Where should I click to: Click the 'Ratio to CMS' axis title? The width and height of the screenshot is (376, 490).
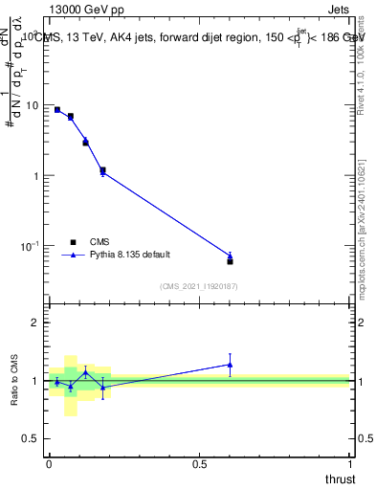[x=12, y=380]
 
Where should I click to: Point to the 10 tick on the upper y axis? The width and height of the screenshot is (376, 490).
[x=33, y=105]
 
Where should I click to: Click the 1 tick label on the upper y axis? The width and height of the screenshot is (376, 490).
[x=36, y=176]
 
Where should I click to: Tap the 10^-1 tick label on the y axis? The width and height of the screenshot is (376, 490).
[x=32, y=247]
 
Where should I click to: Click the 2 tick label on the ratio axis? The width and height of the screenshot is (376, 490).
[x=36, y=323]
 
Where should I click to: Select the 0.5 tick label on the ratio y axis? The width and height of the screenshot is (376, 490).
[x=32, y=438]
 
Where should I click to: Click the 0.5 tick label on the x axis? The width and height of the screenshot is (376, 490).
[x=199, y=463]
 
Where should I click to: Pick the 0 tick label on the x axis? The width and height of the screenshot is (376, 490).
[x=49, y=463]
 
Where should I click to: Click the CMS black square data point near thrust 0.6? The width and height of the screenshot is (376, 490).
[x=230, y=261]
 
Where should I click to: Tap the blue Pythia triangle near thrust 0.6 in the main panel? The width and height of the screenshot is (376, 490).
[x=230, y=256]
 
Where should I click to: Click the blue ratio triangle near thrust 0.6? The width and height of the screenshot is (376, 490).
[x=230, y=364]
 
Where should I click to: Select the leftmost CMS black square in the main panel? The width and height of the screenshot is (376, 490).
[x=57, y=110]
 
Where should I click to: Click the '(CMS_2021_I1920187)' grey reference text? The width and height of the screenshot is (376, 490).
[x=198, y=286]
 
